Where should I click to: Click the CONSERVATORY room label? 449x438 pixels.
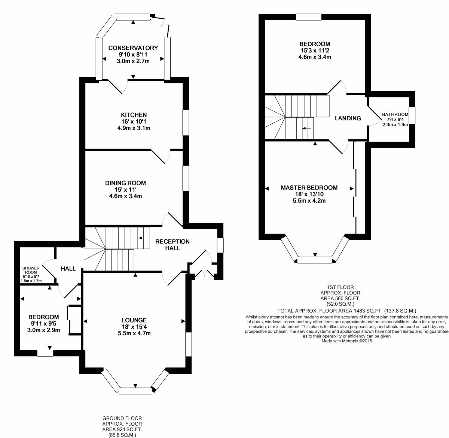click(133, 48)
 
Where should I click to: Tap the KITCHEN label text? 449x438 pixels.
click(134, 115)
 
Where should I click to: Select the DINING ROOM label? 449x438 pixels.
click(125, 183)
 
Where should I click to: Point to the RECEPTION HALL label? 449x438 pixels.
click(172, 245)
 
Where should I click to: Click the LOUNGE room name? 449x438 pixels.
click(134, 320)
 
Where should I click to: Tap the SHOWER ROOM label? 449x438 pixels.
click(31, 270)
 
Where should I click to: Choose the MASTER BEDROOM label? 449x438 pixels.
click(309, 188)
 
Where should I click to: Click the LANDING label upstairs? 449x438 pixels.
click(348, 118)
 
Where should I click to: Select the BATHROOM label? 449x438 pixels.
click(395, 114)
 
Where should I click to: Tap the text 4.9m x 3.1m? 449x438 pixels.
click(134, 128)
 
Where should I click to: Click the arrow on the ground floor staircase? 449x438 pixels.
click(143, 238)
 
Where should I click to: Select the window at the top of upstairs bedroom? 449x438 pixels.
click(308, 17)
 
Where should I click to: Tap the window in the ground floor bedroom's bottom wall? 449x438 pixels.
click(45, 353)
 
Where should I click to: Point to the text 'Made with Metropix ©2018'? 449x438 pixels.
click(347, 340)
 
